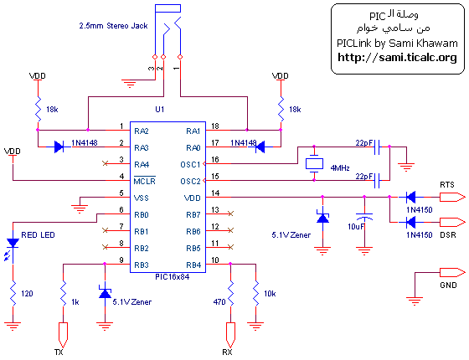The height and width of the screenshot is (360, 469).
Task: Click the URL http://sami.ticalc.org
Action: [397, 58]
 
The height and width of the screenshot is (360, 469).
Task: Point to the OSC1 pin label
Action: [191, 164]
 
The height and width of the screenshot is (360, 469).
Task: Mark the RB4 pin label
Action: [192, 265]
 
